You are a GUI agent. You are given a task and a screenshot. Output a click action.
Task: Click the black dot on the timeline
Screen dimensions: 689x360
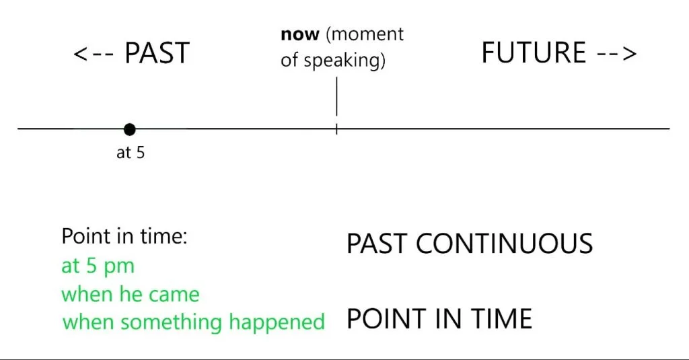[130, 129]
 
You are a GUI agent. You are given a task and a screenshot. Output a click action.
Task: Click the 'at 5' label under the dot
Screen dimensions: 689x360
[131, 153]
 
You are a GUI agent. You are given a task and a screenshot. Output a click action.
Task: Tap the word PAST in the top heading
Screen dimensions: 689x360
[157, 52]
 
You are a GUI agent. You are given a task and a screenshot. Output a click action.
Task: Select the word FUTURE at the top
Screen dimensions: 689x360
[534, 52]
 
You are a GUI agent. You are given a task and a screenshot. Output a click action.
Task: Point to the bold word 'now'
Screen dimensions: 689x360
[300, 34]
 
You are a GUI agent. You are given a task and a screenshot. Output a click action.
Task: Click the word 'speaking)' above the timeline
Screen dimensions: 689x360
[344, 60]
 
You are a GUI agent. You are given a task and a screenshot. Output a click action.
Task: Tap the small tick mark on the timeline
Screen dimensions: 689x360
[336, 129]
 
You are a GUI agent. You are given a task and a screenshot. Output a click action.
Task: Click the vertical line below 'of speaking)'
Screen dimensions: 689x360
[336, 96]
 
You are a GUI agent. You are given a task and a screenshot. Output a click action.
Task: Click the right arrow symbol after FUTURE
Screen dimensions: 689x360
[616, 54]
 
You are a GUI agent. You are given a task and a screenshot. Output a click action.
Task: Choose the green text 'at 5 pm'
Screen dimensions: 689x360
[98, 266]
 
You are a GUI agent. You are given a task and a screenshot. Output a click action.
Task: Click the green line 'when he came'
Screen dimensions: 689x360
[130, 294]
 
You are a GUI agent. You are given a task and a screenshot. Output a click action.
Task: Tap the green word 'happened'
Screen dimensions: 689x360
[277, 322]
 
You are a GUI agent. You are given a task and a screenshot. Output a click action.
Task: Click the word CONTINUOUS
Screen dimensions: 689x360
[505, 244]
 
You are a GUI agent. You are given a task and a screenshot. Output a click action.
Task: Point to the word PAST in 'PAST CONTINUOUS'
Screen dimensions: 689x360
[377, 244]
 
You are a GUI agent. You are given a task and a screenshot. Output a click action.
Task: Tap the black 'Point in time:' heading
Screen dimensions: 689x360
[124, 236]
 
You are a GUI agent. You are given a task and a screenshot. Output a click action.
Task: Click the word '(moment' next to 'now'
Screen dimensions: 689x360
[365, 34]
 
